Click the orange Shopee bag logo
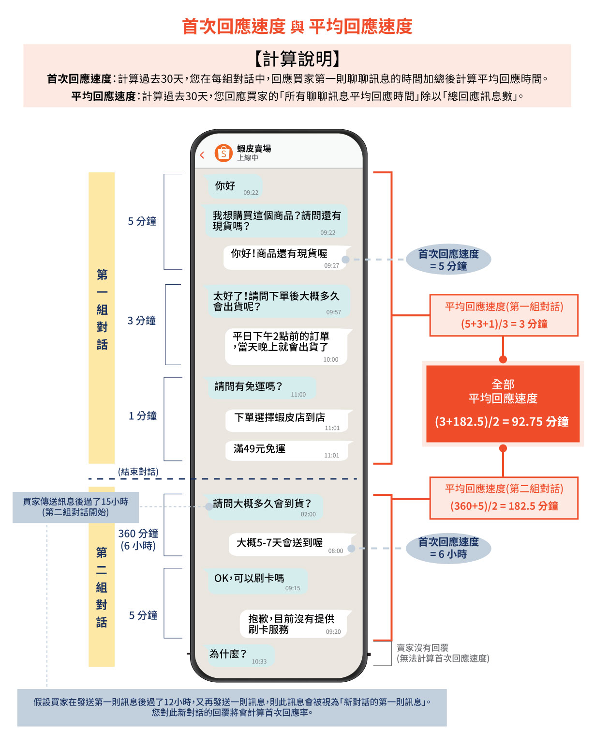[223, 153]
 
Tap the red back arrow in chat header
[202, 155]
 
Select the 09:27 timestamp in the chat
[332, 266]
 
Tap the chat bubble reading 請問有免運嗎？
[261, 388]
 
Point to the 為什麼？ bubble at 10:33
[239, 656]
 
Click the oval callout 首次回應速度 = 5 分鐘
[448, 260]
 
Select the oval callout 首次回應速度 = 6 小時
[448, 548]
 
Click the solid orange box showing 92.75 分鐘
[503, 404]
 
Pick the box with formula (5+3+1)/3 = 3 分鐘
[504, 315]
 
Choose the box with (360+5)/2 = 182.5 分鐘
[504, 498]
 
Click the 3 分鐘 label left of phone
[142, 321]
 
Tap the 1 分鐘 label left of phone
[143, 416]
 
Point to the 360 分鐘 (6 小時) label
[138, 539]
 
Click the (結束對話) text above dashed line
[138, 472]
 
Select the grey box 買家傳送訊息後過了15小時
[76, 507]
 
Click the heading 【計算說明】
[297, 59]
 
